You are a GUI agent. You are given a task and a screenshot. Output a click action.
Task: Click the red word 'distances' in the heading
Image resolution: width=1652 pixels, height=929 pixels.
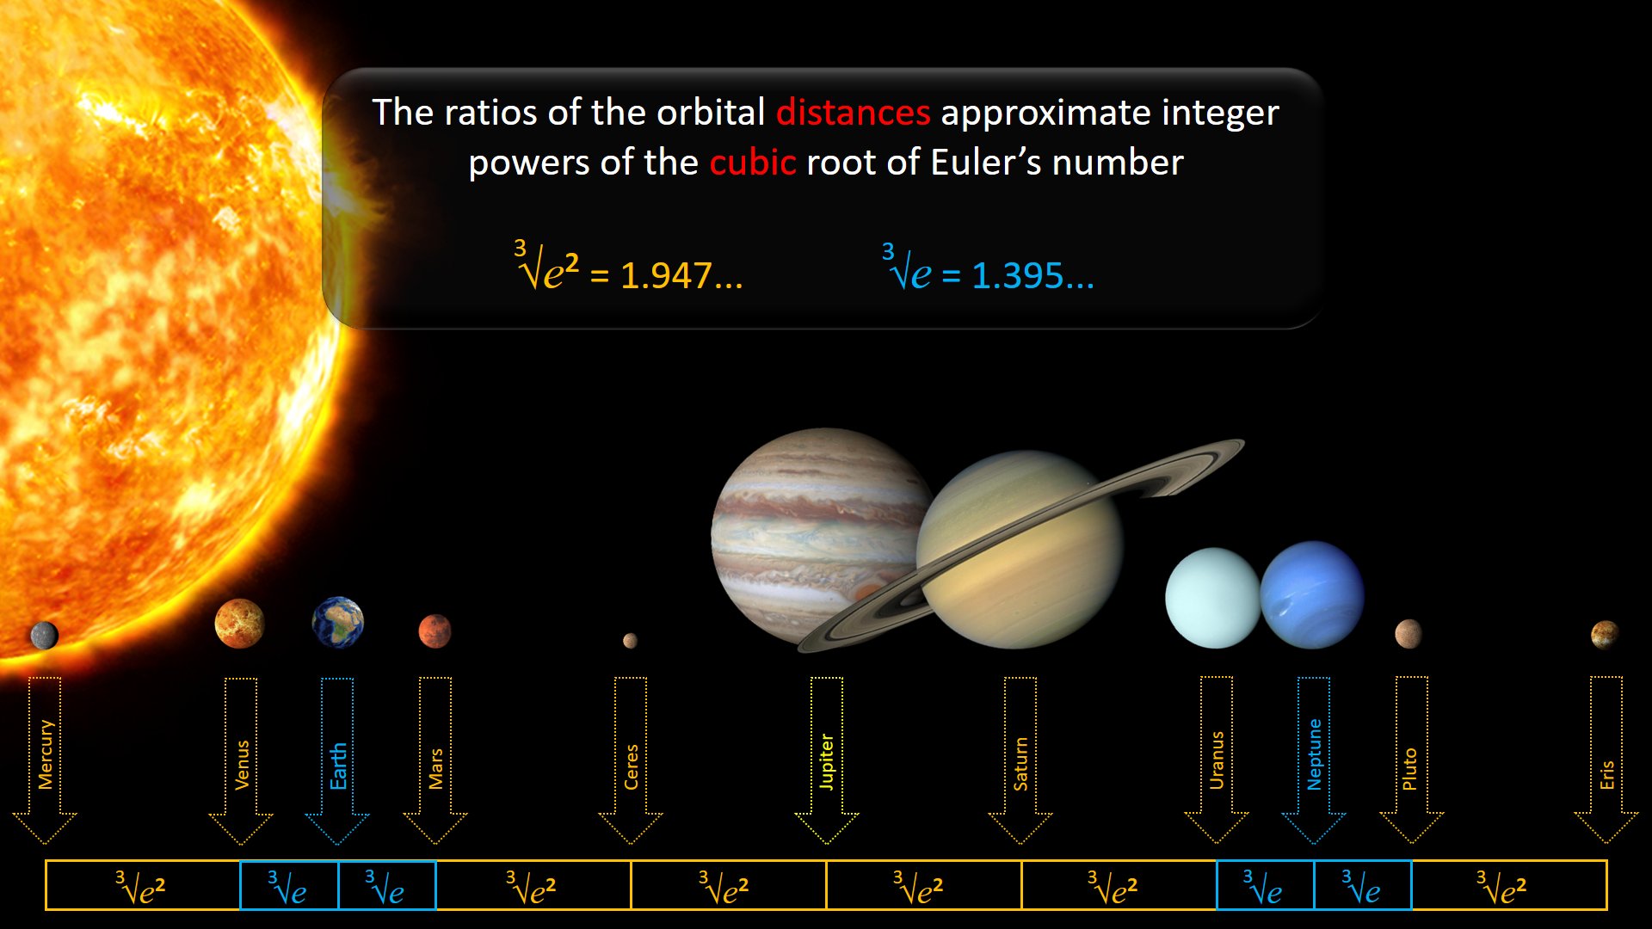click(853, 113)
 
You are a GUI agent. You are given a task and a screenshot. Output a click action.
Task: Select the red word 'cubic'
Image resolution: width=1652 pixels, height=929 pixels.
click(753, 163)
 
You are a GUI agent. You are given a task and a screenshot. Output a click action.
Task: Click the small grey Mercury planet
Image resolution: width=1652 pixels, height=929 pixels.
click(44, 636)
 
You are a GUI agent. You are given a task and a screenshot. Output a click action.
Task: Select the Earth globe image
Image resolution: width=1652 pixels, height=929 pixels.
click(338, 622)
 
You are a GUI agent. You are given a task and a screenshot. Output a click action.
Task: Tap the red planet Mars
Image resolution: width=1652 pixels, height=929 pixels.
click(435, 631)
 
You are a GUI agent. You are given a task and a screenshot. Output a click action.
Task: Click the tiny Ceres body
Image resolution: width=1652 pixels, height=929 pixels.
click(630, 640)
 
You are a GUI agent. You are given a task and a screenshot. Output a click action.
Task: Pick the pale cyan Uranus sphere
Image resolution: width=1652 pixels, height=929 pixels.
click(1212, 598)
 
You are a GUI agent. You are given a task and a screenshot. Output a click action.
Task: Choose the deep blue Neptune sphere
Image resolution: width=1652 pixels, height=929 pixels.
click(1312, 594)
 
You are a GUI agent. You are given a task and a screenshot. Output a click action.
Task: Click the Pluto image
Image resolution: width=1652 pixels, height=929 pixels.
click(1409, 634)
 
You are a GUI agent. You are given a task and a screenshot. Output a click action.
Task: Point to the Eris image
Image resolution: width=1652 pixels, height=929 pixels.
click(1605, 635)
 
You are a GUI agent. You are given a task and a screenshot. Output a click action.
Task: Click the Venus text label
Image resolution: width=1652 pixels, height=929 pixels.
click(242, 765)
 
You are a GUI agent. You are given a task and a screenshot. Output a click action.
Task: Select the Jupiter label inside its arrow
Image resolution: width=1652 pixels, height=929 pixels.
click(826, 761)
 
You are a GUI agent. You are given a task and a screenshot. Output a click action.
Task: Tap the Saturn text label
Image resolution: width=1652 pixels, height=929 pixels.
click(1020, 764)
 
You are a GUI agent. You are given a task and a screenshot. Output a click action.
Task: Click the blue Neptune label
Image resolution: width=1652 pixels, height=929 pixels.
click(1314, 754)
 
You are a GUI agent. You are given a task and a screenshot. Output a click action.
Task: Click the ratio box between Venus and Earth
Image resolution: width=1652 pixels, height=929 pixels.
click(289, 885)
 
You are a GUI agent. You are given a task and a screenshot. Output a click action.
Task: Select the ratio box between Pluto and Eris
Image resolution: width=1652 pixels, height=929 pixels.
click(1509, 885)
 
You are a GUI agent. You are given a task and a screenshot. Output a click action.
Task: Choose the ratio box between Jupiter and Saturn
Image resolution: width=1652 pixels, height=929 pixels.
click(924, 885)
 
